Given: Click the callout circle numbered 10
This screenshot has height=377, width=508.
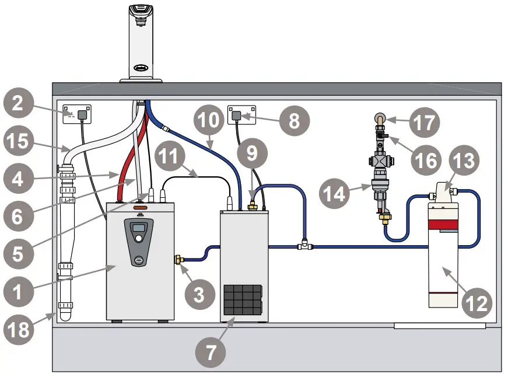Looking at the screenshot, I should [208, 121].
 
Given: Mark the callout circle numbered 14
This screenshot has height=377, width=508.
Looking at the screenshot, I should [335, 194].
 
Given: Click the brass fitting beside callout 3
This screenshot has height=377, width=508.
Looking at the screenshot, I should [180, 259].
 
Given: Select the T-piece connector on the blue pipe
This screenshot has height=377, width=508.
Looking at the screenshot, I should [303, 247].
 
